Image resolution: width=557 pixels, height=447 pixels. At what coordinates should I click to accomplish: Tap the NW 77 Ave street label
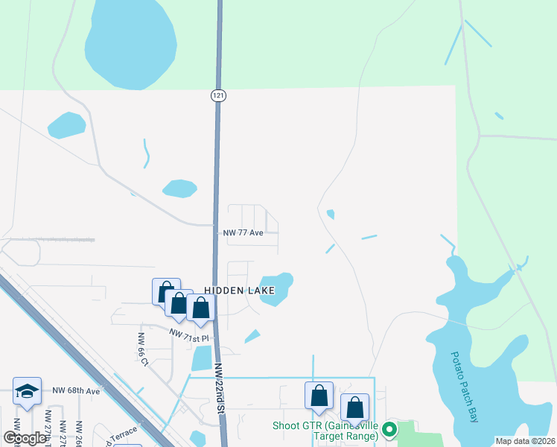click(x=244, y=232)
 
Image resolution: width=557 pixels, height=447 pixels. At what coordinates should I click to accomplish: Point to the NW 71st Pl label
click(x=189, y=337)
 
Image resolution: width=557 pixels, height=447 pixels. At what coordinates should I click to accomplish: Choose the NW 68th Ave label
click(x=76, y=390)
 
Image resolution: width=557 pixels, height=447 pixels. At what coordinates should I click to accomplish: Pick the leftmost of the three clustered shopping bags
click(x=165, y=291)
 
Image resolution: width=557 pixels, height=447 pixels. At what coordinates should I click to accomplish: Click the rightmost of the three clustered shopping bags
click(x=200, y=308)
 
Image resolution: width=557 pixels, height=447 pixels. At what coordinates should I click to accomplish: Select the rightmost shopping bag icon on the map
click(x=354, y=407)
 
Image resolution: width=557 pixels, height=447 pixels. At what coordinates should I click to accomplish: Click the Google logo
click(x=25, y=438)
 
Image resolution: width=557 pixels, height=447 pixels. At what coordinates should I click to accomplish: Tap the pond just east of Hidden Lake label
click(x=276, y=288)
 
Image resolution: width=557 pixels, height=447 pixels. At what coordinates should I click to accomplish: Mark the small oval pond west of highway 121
click(x=179, y=188)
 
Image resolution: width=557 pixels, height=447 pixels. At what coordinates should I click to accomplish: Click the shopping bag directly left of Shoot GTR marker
click(x=319, y=396)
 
